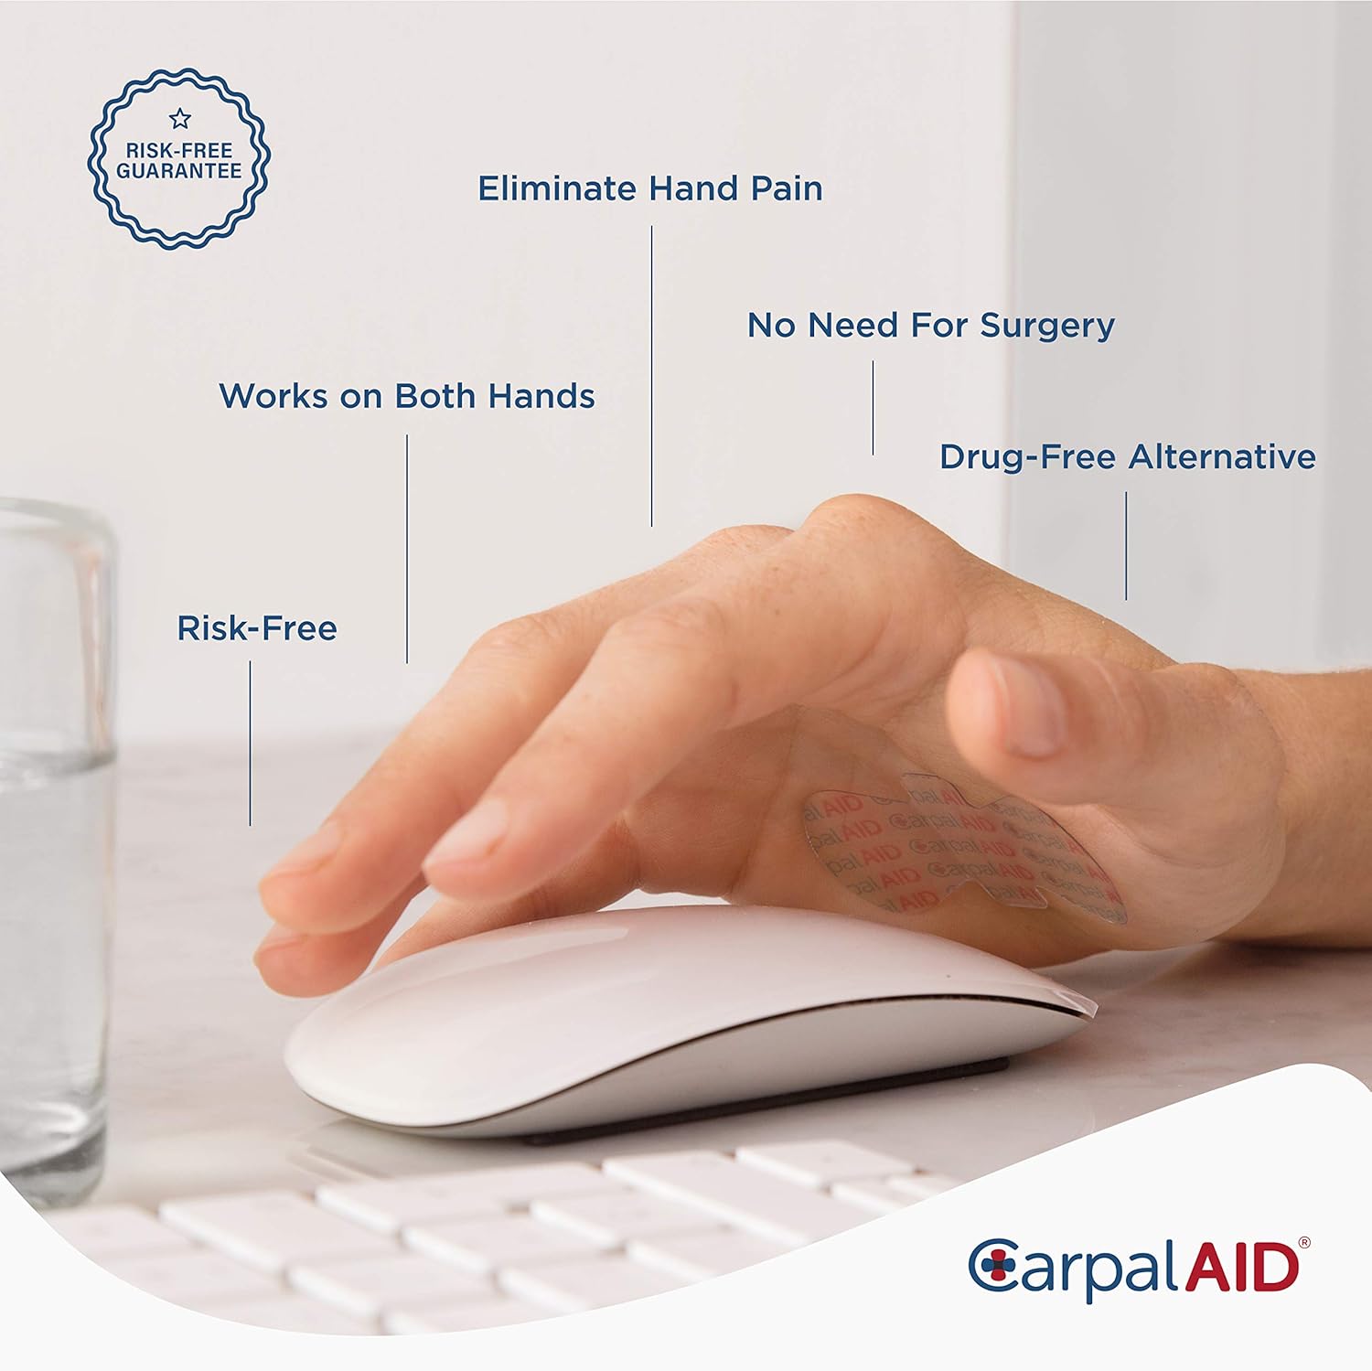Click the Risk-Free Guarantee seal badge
coord(179,158)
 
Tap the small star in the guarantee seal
coord(180,118)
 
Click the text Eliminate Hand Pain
coord(650,188)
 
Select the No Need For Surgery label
coord(931,326)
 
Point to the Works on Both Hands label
coord(407,396)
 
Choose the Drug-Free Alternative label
coord(1128,456)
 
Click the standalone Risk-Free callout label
coord(257,628)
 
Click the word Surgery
coord(1047,326)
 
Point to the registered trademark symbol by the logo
coord(1304,1243)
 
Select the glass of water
coord(55,851)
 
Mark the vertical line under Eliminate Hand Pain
coord(652,376)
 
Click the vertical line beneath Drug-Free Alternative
coord(1126,546)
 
